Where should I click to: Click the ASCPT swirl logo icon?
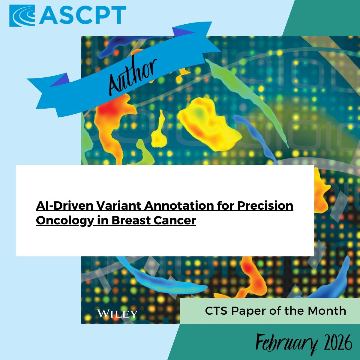[x=22, y=16]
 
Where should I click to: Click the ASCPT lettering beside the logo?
[x=82, y=15]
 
